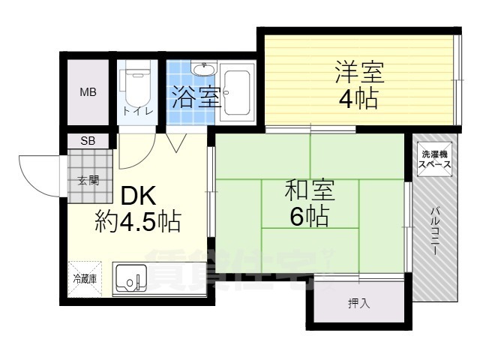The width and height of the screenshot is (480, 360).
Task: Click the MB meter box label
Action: pos(88,93)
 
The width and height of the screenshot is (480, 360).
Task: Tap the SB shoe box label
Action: pos(88,140)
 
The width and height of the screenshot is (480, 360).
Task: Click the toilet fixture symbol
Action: pos(136,88)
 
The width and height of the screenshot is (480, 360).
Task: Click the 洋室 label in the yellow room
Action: pos(358,73)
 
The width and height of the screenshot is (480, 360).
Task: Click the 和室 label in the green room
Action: pos(307,190)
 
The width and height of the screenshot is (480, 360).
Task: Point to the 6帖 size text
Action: pos(309,217)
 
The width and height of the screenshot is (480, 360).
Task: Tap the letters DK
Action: pos(138,196)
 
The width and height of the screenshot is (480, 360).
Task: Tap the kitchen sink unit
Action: pos(131,279)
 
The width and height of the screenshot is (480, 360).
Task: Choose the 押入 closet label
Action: pos(358,304)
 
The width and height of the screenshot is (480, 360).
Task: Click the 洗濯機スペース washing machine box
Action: pos(434,157)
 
